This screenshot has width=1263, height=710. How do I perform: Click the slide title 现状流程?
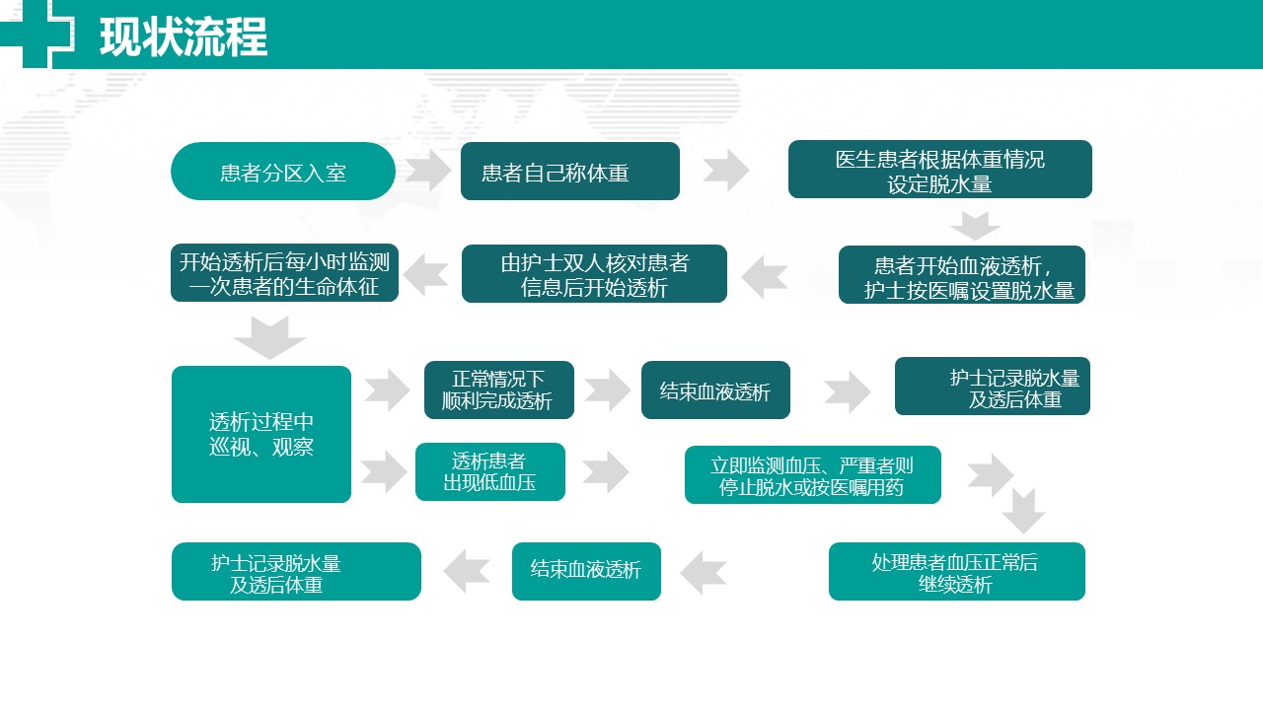[x=184, y=37]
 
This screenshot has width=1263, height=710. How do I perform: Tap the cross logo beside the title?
[x=37, y=34]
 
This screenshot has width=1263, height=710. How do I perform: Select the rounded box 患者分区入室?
[x=283, y=172]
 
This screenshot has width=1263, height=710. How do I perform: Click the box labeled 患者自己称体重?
[x=570, y=172]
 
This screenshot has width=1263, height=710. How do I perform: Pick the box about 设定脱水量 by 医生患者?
[x=940, y=169]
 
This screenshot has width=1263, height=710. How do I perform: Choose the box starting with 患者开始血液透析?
[x=962, y=275]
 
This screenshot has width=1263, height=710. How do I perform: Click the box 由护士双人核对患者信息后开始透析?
[x=594, y=274]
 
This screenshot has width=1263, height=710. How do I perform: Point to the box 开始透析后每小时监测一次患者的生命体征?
[x=285, y=273]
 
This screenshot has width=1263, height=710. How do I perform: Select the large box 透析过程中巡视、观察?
[x=261, y=434]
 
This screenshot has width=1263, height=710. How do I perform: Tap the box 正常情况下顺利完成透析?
[x=499, y=390]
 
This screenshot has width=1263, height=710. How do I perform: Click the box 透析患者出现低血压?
[x=490, y=471]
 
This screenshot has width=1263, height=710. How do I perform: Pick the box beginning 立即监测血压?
[x=812, y=475]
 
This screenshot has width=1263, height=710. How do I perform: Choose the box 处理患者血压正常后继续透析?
[x=957, y=571]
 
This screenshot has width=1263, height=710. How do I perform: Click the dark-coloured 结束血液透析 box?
[x=715, y=390]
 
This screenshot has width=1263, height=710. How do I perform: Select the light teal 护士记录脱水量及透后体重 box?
[x=296, y=571]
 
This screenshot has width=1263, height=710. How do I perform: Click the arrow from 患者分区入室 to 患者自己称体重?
[x=428, y=171]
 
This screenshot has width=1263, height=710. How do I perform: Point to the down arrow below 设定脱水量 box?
[x=975, y=226]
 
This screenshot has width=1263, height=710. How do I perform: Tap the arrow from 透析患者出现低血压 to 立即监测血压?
[x=606, y=471]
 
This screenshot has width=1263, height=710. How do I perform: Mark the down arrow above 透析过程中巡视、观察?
[x=269, y=337]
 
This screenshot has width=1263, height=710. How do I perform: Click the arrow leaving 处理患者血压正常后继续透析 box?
[x=704, y=573]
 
